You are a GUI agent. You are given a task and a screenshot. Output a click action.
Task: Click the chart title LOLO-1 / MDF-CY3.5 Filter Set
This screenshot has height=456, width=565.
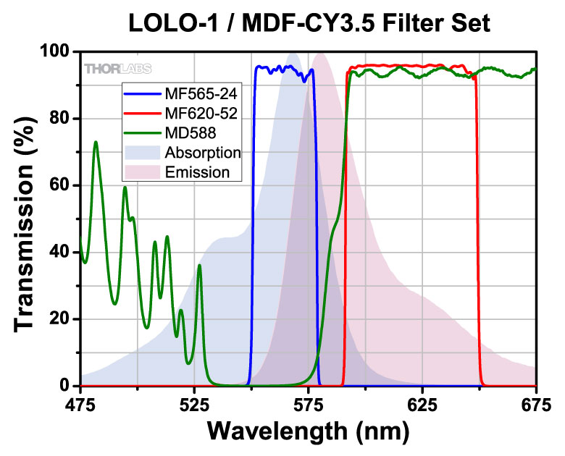[x=310, y=23]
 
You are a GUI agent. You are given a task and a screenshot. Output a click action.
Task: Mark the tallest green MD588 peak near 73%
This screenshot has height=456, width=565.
[x=96, y=143]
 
